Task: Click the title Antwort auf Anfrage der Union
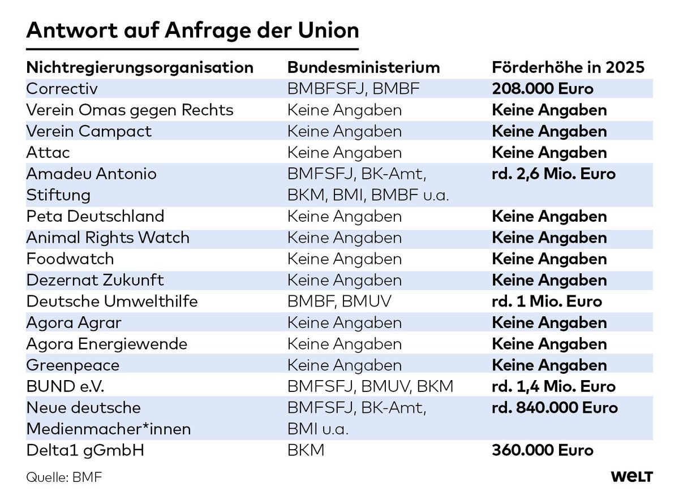coord(192,30)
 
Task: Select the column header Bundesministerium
coord(363,67)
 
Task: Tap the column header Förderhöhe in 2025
coord(568,67)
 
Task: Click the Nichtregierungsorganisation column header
coord(140,67)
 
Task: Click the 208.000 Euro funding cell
coord(542,88)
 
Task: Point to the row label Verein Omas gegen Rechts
coord(130,110)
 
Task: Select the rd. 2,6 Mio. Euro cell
coord(553,174)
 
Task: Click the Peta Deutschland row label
coord(95,216)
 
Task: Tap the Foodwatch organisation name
coord(70,259)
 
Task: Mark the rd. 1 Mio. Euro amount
coord(547,301)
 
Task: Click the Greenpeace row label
coord(73,365)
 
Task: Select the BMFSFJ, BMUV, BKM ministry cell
coord(370,387)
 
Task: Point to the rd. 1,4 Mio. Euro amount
coord(553,387)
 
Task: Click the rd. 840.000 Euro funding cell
coord(555,408)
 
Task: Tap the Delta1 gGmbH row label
coord(82,451)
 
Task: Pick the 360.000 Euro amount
coord(542,451)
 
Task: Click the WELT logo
coord(632,477)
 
